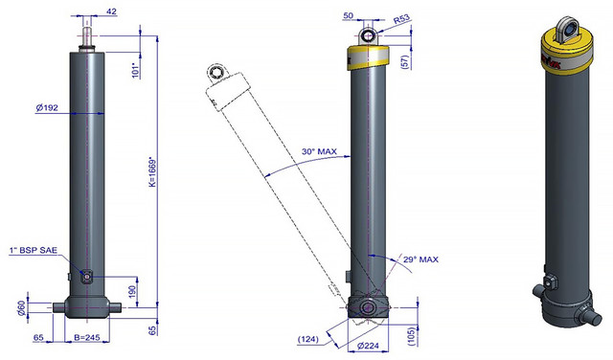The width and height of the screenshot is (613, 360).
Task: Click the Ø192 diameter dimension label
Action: (47, 107)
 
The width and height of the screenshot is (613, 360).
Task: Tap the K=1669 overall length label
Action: (152, 172)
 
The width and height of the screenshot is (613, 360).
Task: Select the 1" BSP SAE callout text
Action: (34, 251)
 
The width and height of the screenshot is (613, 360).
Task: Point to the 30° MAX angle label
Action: (319, 151)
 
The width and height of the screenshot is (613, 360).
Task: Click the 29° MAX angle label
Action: (420, 259)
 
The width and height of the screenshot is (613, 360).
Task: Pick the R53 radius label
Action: (401, 19)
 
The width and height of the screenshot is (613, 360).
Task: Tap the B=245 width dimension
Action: (87, 337)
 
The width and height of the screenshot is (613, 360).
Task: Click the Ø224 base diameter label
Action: (368, 346)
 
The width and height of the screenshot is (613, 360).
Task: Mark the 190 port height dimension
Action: (132, 292)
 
